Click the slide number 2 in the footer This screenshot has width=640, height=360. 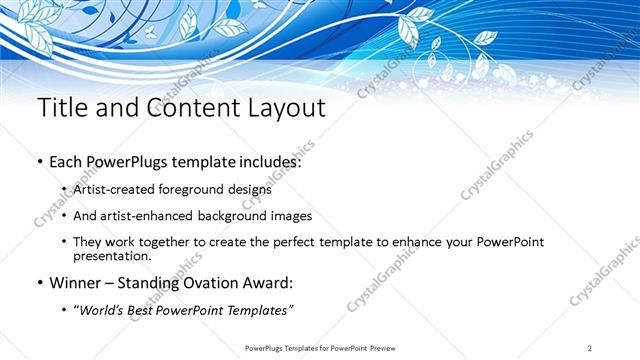point(591,348)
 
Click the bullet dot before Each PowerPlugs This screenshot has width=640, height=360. point(39,162)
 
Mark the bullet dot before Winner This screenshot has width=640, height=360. point(39,283)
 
